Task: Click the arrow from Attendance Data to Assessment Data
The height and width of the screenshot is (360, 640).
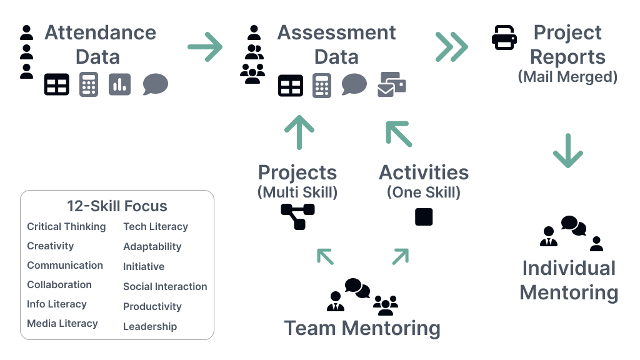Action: click(205, 47)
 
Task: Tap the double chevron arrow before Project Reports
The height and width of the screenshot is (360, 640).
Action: click(451, 47)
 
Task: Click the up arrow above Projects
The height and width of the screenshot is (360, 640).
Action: click(299, 132)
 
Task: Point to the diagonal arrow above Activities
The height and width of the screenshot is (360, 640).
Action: click(399, 133)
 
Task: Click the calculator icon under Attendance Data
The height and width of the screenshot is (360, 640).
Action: click(89, 84)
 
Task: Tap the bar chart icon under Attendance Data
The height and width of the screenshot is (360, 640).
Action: click(119, 84)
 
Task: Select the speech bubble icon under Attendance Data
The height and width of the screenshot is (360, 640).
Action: click(155, 84)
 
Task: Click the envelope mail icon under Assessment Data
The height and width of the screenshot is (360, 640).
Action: click(391, 85)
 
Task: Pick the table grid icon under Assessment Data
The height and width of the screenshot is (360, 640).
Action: click(291, 85)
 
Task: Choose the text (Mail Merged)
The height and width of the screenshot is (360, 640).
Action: click(567, 77)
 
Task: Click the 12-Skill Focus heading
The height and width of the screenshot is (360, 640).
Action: click(117, 206)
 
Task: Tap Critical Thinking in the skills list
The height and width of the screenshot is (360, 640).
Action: click(66, 226)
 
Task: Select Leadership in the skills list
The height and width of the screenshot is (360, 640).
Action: click(150, 326)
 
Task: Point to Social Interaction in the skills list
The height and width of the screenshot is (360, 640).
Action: click(165, 286)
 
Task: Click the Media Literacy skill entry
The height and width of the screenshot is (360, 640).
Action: click(62, 324)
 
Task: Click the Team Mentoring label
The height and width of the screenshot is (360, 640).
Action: click(362, 328)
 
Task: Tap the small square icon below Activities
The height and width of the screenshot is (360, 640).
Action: click(424, 217)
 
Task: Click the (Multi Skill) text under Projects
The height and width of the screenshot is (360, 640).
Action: click(297, 192)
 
